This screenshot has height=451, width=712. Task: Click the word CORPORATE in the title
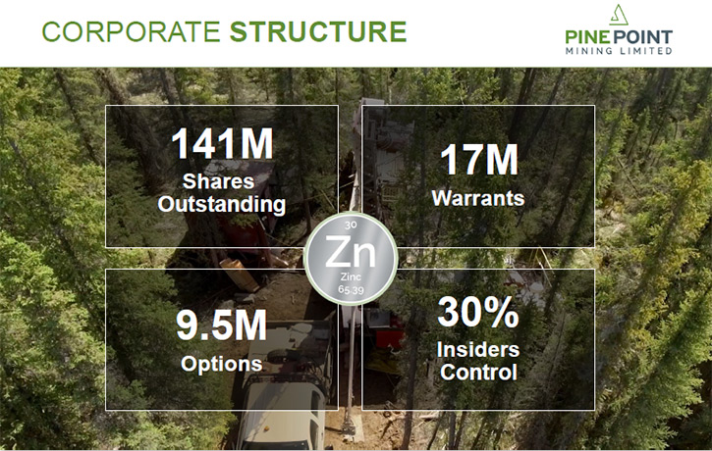(x=131, y=31)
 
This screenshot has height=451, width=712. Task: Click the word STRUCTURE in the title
(x=318, y=31)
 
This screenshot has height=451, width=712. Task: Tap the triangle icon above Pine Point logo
(x=619, y=15)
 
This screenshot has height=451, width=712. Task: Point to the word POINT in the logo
(x=644, y=37)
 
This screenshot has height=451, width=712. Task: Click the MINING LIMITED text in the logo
(x=619, y=50)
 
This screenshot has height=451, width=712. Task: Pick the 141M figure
(x=222, y=144)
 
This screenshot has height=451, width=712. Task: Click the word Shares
(x=218, y=181)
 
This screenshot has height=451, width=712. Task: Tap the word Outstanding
(x=222, y=204)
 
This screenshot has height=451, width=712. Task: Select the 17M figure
(x=479, y=160)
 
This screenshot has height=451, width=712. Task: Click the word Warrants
(x=478, y=198)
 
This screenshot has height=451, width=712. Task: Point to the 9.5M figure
(x=222, y=325)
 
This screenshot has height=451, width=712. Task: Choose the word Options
(x=222, y=364)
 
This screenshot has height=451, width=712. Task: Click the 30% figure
(x=478, y=312)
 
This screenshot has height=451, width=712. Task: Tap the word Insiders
(x=478, y=349)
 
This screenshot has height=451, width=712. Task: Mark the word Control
(x=478, y=373)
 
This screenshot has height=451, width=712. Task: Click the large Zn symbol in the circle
(x=351, y=253)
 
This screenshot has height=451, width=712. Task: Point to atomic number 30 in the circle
(x=351, y=225)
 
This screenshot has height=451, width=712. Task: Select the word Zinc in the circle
(x=351, y=276)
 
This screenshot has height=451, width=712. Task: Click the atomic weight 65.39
(x=351, y=289)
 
